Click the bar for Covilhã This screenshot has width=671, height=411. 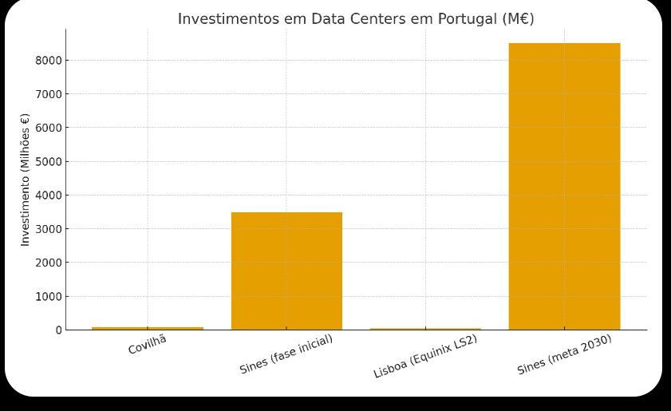[x=148, y=328]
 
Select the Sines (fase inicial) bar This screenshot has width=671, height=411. [x=286, y=271]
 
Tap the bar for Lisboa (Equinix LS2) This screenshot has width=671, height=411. [x=425, y=329]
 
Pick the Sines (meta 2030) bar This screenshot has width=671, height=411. [x=564, y=186]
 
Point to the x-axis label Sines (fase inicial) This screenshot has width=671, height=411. [x=286, y=354]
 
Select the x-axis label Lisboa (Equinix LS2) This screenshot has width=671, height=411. [x=425, y=356]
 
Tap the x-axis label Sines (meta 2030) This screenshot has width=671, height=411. [x=564, y=354]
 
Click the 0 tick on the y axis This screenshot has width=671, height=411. [x=57, y=330]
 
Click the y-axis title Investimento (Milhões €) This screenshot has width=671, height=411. [x=25, y=179]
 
